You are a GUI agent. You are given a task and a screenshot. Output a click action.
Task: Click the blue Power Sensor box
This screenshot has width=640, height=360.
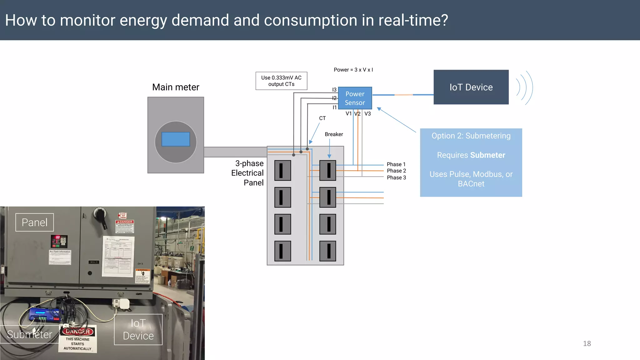click(355, 98)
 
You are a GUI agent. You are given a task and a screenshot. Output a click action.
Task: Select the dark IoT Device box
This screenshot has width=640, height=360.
click(471, 87)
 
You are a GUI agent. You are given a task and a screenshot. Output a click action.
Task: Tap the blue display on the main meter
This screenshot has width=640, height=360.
click(176, 139)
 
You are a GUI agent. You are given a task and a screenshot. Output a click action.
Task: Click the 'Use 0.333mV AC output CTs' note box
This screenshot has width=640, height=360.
click(281, 81)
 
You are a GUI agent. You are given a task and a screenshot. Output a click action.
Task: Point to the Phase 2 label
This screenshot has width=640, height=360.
click(396, 171)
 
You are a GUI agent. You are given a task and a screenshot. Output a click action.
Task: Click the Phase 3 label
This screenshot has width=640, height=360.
click(396, 177)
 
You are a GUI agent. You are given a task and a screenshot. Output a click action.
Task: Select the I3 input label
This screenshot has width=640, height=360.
click(334, 90)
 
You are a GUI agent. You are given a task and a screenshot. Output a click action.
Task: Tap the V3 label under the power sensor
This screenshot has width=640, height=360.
click(367, 114)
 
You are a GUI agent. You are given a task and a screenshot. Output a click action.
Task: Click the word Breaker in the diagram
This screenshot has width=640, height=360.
click(334, 134)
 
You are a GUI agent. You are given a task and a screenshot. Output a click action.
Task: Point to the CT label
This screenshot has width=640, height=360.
click(322, 118)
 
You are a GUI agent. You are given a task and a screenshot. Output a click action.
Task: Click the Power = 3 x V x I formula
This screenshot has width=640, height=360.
click(353, 70)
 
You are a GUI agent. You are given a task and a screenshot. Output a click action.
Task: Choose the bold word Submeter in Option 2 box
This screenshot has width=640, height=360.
click(487, 155)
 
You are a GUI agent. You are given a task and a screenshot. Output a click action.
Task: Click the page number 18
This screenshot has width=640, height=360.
click(587, 343)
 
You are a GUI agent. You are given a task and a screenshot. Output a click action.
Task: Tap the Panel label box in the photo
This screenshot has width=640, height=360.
click(35, 222)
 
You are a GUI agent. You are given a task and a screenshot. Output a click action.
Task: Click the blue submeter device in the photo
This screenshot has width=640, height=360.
click(44, 314)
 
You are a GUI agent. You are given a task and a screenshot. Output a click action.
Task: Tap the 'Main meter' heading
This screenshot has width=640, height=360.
click(176, 87)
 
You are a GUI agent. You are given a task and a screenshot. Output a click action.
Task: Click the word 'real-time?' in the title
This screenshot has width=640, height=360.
click(413, 20)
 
